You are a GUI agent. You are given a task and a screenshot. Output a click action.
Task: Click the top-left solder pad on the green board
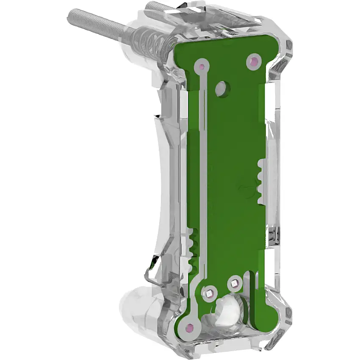202,66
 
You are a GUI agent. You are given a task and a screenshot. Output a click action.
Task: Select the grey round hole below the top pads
221,89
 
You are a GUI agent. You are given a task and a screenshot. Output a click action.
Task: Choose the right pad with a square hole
234,282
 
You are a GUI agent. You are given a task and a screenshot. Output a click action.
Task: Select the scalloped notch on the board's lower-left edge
194,250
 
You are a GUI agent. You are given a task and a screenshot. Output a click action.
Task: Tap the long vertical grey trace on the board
204,178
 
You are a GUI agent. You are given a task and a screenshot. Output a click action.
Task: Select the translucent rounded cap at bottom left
136,309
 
